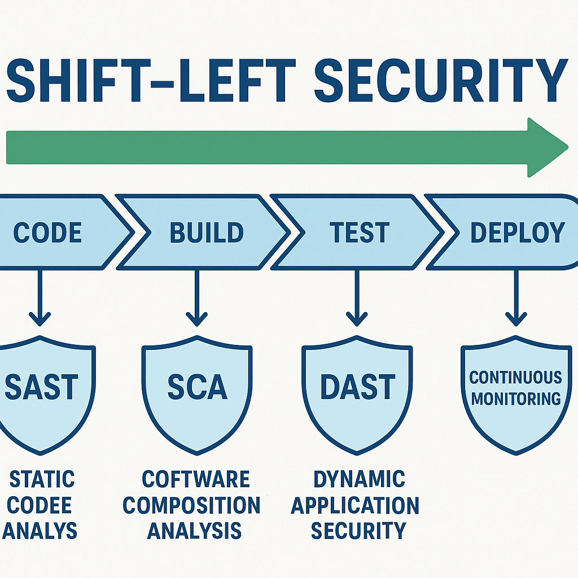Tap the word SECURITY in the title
[441, 80]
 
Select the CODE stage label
[47, 233]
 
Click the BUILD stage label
[207, 233]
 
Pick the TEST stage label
[360, 233]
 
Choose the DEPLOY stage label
[518, 233]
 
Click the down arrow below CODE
[40, 298]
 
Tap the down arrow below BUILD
[197, 298]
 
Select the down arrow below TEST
[357, 298]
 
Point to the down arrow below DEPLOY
[516, 298]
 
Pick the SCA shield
[197, 395]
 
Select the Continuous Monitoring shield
[516, 395]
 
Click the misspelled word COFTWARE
[196, 479]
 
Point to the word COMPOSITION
[191, 505]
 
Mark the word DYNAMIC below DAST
[359, 479]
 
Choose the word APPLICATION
[355, 505]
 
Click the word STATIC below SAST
[42, 479]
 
